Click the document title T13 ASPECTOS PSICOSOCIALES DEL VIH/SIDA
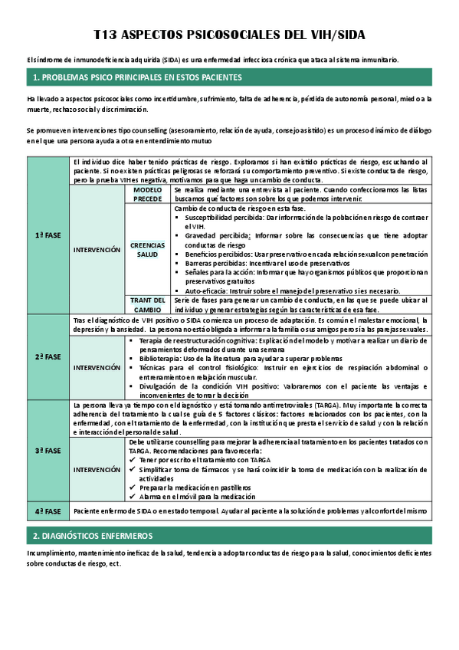pos(229,35)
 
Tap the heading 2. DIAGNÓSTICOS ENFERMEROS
pos(93,535)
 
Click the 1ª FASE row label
pos(48,235)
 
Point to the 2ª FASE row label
pos(48,357)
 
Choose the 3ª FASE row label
pos(48,451)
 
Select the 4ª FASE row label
pos(48,510)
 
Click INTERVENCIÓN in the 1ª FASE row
pos(97,250)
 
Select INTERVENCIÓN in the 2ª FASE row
pos(97,367)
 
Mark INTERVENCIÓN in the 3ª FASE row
pos(97,469)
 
